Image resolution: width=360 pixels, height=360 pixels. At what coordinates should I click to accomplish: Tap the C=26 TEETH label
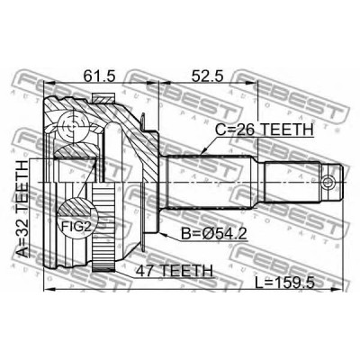pyautogui.click(x=264, y=130)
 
